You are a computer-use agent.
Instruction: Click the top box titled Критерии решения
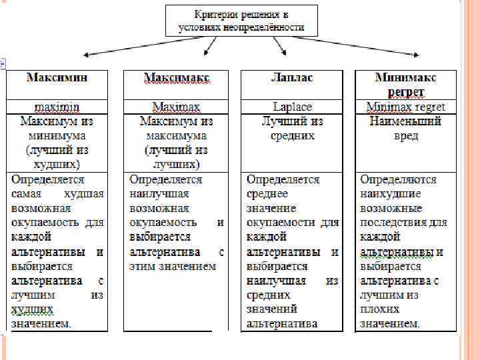(241, 21)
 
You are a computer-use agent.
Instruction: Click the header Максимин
(57, 78)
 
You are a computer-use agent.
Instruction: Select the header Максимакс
(177, 78)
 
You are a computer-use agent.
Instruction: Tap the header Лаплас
(292, 78)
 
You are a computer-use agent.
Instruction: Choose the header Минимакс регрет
(406, 85)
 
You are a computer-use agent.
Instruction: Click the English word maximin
(57, 107)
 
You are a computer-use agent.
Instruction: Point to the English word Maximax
(177, 107)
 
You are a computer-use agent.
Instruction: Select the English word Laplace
(292, 107)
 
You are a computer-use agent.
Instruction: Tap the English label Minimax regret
(406, 107)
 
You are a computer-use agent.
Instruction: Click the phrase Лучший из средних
(292, 129)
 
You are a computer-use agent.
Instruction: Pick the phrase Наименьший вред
(406, 129)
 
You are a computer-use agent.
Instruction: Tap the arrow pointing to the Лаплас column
(279, 47)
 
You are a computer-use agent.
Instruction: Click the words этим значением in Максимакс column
(173, 266)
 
